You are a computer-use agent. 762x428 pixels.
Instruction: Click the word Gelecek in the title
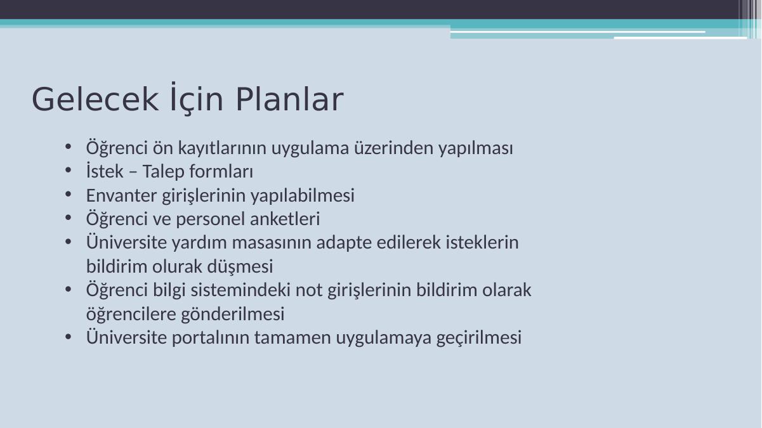95,100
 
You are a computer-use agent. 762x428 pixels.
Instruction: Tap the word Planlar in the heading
289,100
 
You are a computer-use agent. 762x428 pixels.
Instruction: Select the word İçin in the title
197,97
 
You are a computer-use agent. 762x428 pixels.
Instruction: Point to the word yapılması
476,148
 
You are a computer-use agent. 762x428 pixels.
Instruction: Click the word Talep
163,171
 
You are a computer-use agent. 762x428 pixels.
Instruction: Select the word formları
221,171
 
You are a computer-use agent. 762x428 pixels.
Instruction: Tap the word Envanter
121,195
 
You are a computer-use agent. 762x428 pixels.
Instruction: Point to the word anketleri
285,218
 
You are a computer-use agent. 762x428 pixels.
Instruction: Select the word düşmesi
240,266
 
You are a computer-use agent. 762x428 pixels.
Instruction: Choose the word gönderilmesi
233,314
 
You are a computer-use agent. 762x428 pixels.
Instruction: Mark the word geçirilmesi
479,338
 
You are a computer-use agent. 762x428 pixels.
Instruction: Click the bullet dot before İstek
68,171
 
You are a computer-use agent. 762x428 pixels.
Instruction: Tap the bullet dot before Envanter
68,195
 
